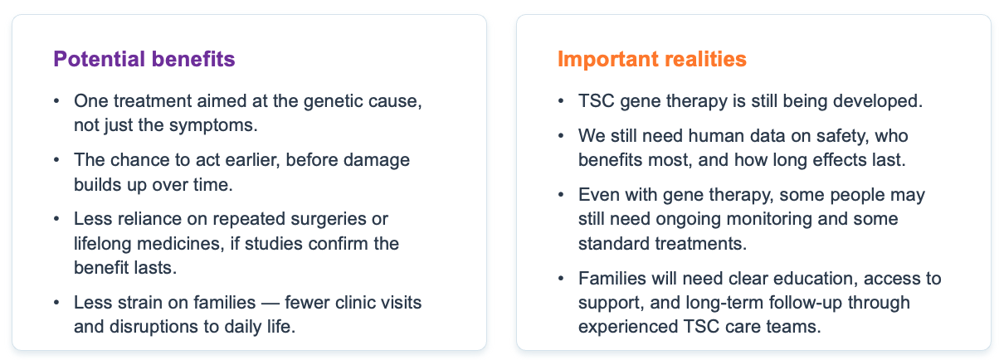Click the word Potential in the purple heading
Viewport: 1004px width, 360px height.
click(x=99, y=59)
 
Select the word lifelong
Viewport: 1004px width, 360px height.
click(x=102, y=244)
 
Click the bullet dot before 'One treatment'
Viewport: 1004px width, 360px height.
click(x=56, y=100)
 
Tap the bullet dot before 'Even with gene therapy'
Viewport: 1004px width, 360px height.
click(x=561, y=194)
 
